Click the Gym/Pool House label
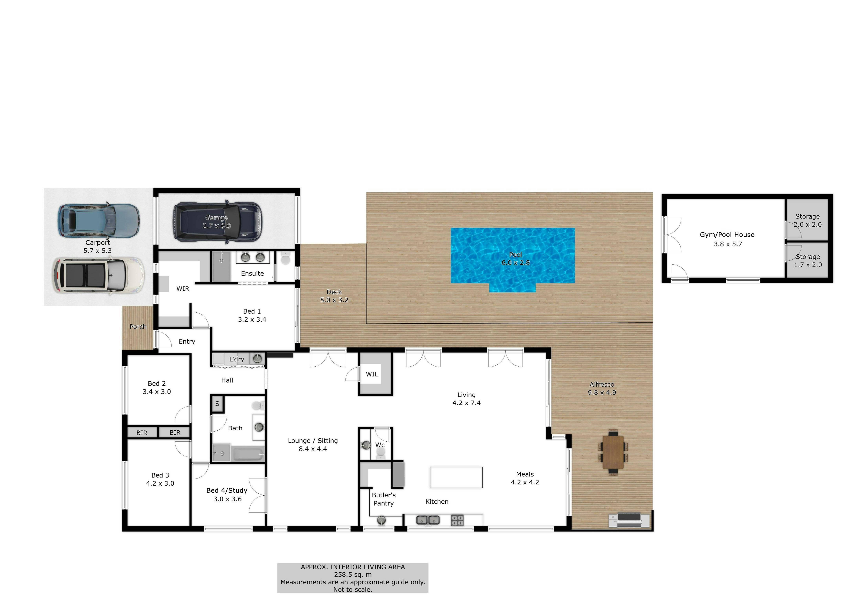pos(727,235)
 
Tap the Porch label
pos(138,327)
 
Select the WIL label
pos(372,374)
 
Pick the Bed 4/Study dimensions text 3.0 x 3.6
pos(227,499)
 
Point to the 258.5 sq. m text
pos(352,574)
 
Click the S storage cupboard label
pos(217,404)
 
